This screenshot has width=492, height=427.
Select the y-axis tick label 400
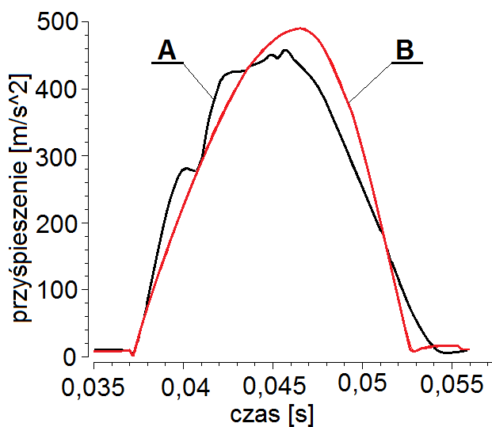click(x=59, y=89)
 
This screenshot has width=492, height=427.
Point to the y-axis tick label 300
click(x=59, y=156)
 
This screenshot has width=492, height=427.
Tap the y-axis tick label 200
click(x=59, y=223)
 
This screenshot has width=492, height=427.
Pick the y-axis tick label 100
click(x=59, y=290)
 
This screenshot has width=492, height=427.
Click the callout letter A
click(x=166, y=51)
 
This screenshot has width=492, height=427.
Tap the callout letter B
click(x=404, y=51)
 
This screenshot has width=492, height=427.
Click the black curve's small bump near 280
click(x=187, y=168)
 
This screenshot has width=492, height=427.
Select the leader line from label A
click(x=198, y=79)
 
